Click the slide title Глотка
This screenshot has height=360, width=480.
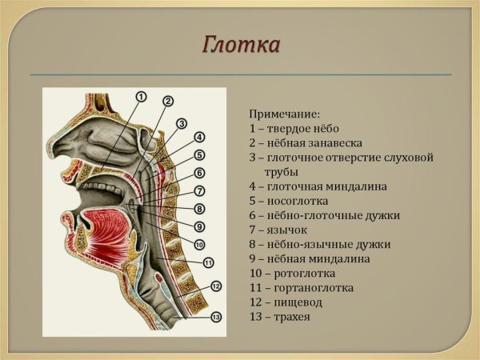point(239,45)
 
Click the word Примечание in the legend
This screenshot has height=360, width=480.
point(283,114)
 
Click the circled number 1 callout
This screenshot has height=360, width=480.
point(141,97)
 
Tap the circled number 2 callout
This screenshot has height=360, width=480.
point(167,101)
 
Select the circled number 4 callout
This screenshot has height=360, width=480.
point(199,138)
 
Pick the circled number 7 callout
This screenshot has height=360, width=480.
point(199,191)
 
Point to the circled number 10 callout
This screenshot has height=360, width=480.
point(199,244)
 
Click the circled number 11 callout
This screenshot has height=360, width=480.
point(208,262)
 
